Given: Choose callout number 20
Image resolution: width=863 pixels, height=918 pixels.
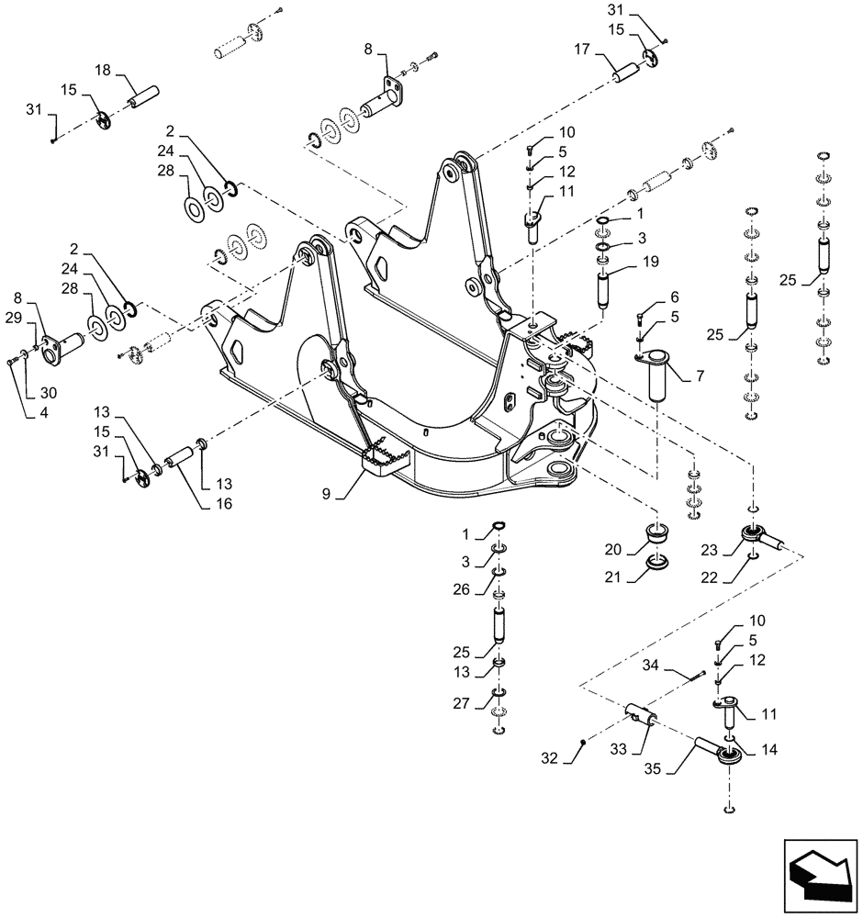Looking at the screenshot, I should point(613,549).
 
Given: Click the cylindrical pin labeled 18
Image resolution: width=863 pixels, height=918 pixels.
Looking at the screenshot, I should point(143,96).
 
